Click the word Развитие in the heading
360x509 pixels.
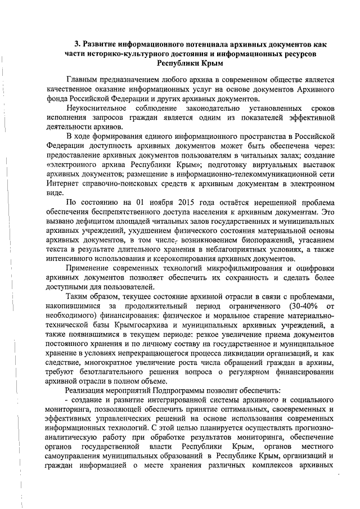point(101,43)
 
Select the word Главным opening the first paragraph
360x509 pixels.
point(84,80)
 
